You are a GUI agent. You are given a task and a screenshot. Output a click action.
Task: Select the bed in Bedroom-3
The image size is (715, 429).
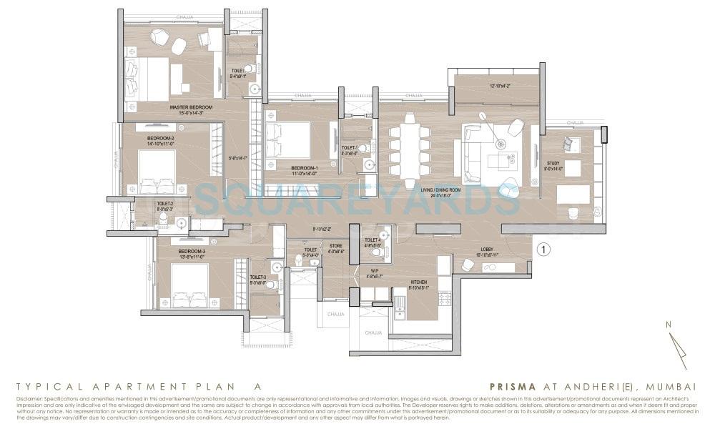tap(189, 285)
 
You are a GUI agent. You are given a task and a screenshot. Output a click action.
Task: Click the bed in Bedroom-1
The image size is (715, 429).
tap(287, 140)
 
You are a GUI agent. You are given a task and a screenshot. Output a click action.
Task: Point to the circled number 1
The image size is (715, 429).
tap(544, 250)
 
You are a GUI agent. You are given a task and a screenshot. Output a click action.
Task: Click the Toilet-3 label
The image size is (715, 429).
tap(258, 277)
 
